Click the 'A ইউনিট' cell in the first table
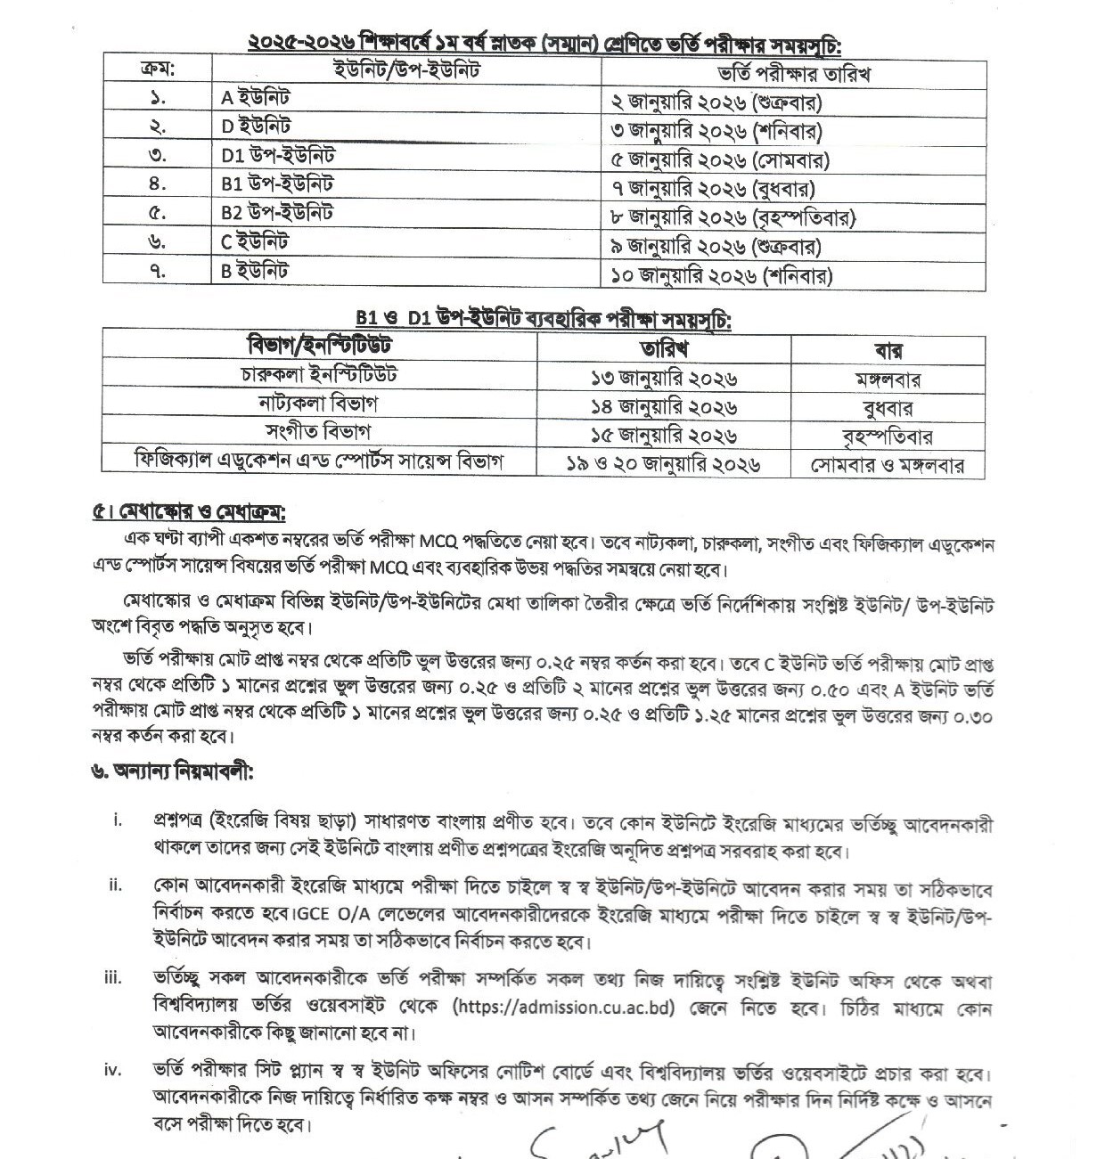[255, 98]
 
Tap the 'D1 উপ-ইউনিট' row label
[278, 156]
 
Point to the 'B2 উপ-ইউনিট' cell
[277, 213]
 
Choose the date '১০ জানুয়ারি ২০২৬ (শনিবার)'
[722, 275]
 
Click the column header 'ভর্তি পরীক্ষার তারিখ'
[793, 73]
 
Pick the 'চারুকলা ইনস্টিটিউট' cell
[319, 373]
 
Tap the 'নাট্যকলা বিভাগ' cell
[318, 404]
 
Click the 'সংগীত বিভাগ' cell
[318, 432]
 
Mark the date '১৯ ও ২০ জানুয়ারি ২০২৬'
[663, 464]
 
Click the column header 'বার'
[887, 349]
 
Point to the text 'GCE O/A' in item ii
[327, 915]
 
